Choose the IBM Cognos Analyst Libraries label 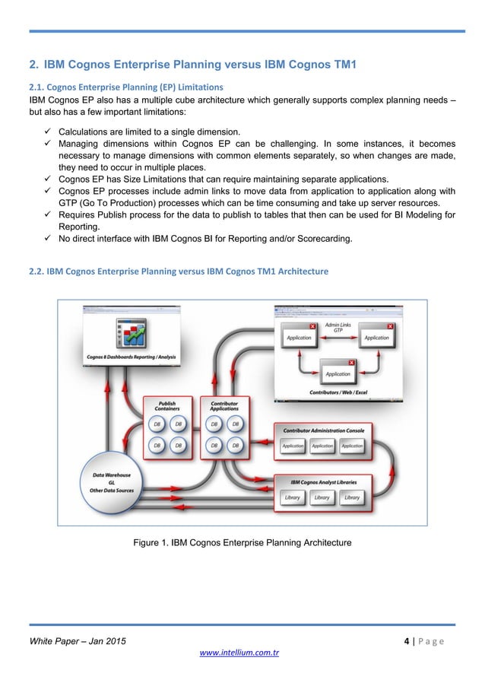pyautogui.click(x=322, y=482)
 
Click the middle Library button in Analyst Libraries pyautogui.click(x=322, y=497)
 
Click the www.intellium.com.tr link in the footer pyautogui.click(x=242, y=653)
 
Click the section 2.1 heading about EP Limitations pyautogui.click(x=126, y=86)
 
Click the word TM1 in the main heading pyautogui.click(x=341, y=63)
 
